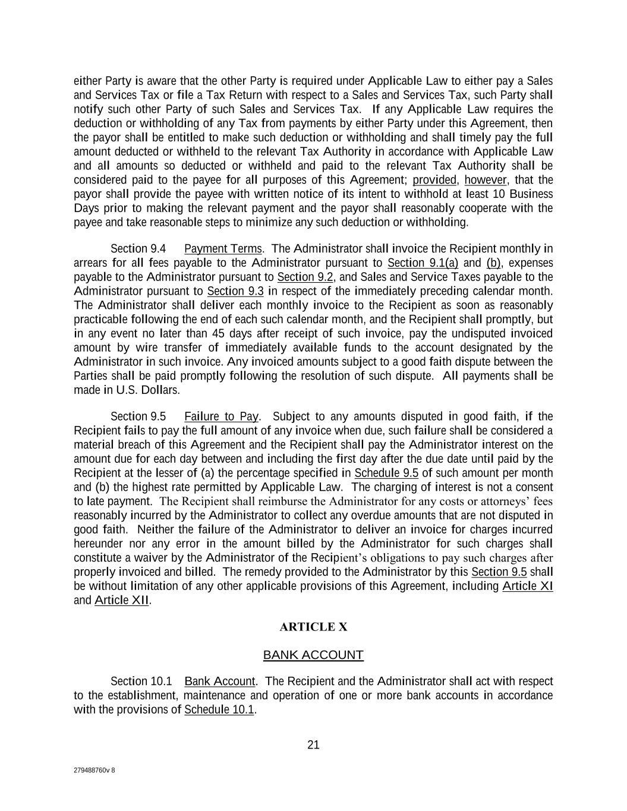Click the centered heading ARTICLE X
[x=313, y=627]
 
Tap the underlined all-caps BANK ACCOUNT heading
[x=313, y=655]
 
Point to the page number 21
[x=313, y=745]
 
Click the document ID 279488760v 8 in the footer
[x=94, y=771]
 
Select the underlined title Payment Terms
[x=223, y=248]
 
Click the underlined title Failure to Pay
[x=222, y=416]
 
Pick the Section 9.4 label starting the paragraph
[x=138, y=248]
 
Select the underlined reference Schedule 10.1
[x=219, y=710]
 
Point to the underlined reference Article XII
[x=121, y=600]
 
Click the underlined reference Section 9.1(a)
[x=423, y=263]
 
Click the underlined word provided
[x=434, y=180]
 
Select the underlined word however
[x=486, y=180]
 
